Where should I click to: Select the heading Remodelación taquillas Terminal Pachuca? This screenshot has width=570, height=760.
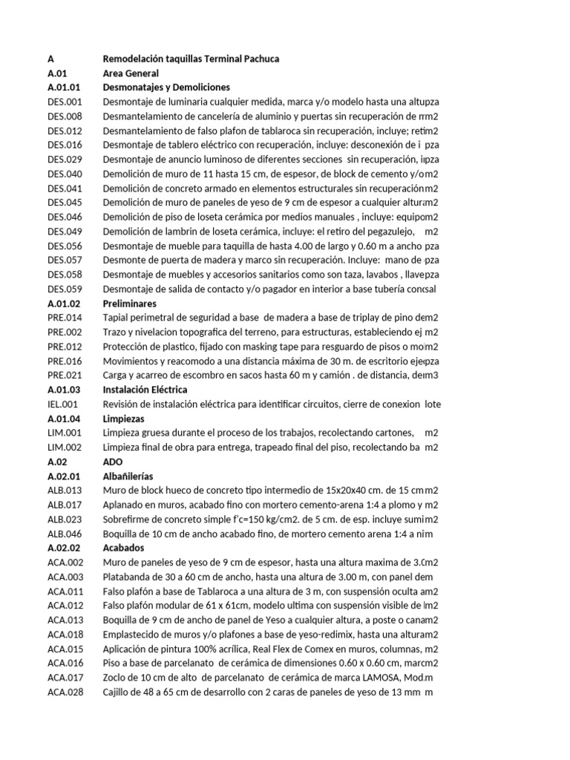[191, 59]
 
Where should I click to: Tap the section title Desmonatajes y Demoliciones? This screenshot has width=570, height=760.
[166, 88]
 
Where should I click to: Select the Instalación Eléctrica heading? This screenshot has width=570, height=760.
[145, 390]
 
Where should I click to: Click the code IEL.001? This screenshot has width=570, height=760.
[63, 404]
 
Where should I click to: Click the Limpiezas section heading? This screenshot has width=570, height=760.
[125, 419]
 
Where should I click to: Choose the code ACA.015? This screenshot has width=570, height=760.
[65, 649]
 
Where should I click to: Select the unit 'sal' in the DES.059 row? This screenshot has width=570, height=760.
[430, 289]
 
